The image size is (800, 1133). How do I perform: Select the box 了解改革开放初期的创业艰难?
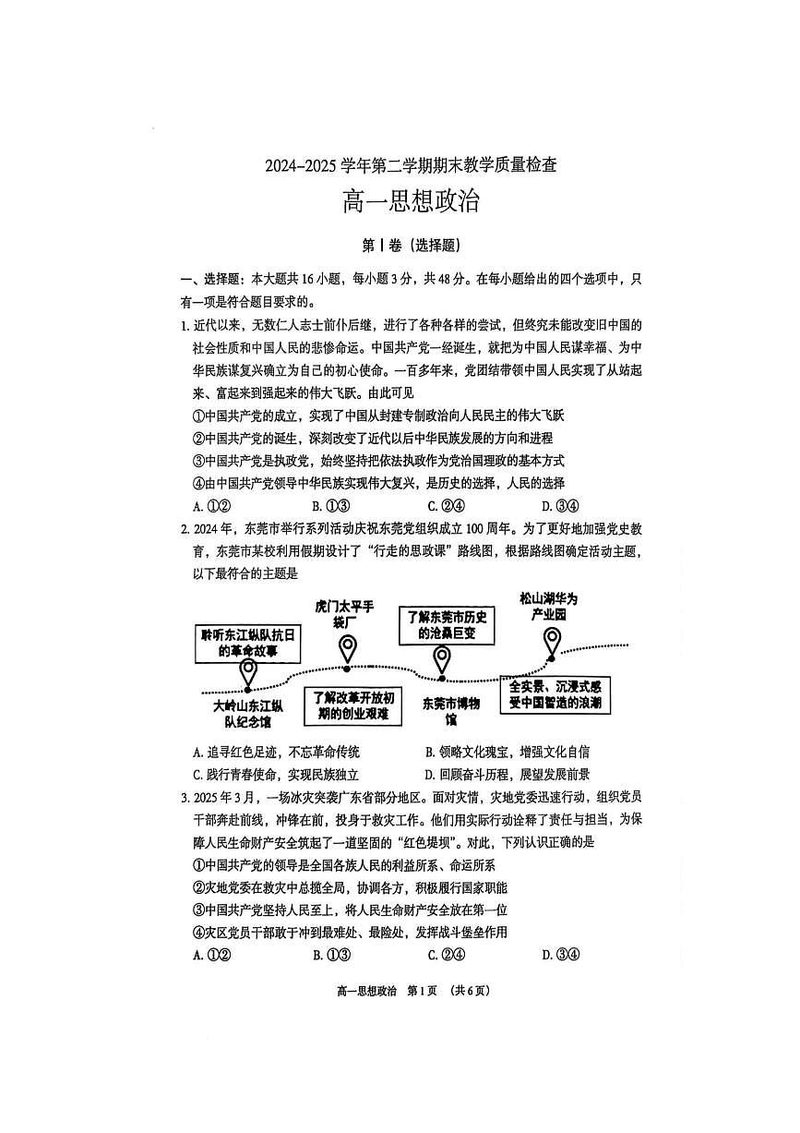(353, 705)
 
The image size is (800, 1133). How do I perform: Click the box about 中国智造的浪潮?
(555, 694)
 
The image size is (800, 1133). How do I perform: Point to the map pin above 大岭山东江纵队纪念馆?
(247, 673)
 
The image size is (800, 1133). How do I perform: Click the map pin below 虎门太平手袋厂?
(347, 650)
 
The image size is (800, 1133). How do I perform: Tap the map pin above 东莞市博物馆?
(442, 661)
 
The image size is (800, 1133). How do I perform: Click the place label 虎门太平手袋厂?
(343, 614)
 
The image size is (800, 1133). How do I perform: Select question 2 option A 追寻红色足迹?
(277, 752)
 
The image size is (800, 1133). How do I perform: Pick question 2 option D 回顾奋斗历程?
(507, 775)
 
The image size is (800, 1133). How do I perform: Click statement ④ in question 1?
(378, 483)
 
